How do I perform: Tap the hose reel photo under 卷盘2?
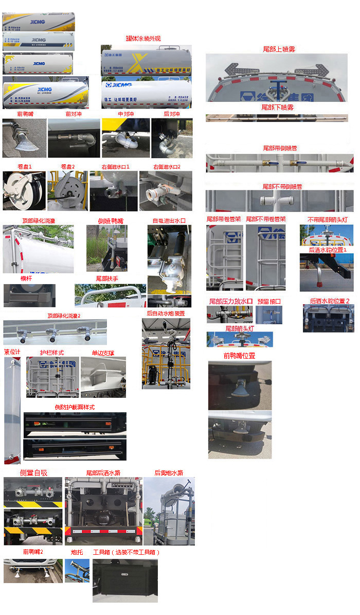coord(67,190)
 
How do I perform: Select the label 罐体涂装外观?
coord(143,38)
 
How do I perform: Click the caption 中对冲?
coord(125,114)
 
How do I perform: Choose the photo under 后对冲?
coord(172,138)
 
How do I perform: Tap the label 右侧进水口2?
coord(167,167)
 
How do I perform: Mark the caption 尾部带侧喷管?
coord(279,148)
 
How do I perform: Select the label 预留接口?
coord(269,301)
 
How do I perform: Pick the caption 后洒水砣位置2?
coord(329,301)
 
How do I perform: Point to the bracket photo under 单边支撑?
coord(103,378)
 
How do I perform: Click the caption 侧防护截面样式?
coord(75,407)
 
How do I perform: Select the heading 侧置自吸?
coord(33,472)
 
